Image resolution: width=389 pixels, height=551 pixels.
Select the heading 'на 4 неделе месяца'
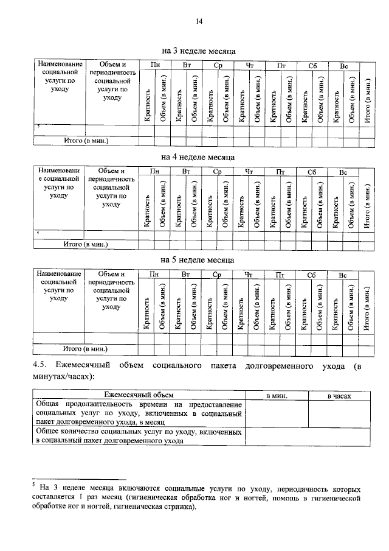click(198, 156)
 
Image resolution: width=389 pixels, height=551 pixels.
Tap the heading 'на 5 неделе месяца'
click(198, 261)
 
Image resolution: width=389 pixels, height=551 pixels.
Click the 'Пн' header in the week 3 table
click(155, 65)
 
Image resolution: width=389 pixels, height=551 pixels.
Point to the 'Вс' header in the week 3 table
click(343, 65)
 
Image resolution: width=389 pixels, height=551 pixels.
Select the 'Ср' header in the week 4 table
click(217, 172)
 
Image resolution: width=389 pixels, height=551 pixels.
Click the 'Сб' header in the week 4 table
click(312, 172)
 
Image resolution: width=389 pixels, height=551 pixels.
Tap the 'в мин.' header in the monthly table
click(277, 396)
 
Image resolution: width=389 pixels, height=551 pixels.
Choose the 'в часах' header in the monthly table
click(339, 396)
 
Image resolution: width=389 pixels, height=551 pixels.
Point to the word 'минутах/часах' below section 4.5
click(63, 377)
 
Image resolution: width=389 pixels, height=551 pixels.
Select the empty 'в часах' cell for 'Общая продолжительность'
click(339, 413)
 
